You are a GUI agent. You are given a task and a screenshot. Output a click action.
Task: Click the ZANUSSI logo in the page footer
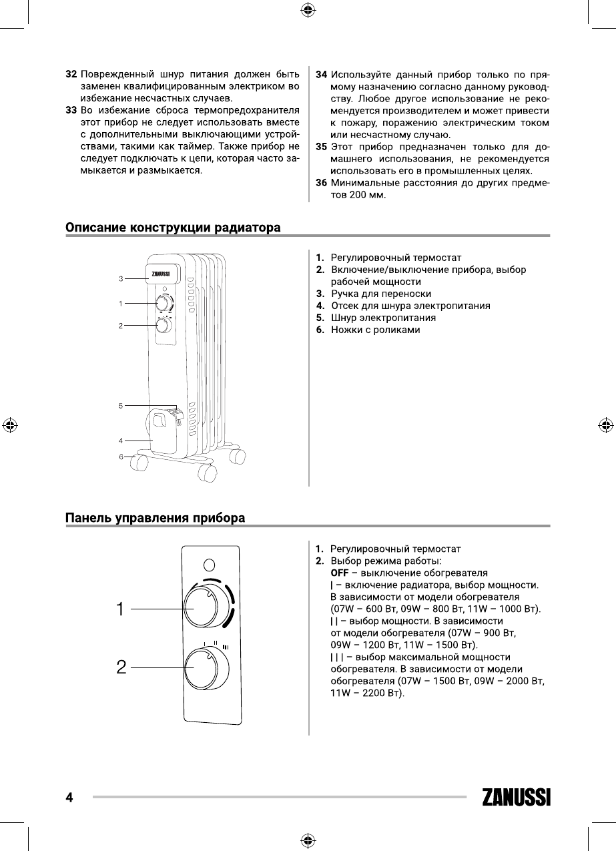point(515,797)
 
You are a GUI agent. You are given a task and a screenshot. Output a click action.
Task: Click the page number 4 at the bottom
point(69,797)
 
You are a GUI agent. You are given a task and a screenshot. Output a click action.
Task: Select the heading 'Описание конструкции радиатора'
point(173,228)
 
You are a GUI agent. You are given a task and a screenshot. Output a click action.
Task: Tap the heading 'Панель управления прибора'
point(155,518)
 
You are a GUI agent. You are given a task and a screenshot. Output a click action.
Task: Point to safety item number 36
point(321,182)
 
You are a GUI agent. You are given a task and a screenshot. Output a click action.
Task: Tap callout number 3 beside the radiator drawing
point(121,278)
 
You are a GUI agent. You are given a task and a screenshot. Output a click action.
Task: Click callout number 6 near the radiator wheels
point(121,457)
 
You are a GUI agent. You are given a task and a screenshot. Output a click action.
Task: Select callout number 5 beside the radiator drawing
point(121,405)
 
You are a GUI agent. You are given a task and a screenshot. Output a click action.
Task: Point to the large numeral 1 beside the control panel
point(120,609)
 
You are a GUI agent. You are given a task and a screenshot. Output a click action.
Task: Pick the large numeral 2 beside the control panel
point(121,666)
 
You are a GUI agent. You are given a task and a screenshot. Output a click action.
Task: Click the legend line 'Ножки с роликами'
point(375,330)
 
